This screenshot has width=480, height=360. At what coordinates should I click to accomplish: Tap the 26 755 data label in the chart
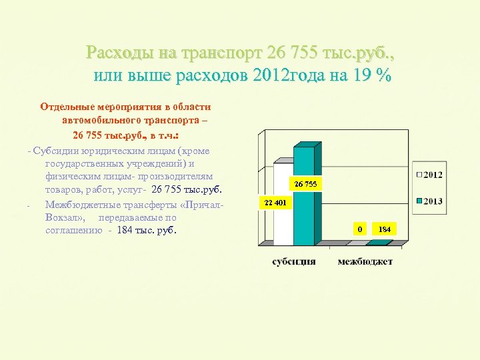coord(305,183)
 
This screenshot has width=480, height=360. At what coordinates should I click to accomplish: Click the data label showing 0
coord(360,229)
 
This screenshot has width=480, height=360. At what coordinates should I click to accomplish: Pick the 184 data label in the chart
coord(385,229)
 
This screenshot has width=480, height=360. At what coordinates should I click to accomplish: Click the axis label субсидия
coord(294,261)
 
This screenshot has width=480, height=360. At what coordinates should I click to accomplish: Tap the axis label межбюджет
coord(365,261)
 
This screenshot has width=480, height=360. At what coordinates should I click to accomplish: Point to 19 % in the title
coord(373,75)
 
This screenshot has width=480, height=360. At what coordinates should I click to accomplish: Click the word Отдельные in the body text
coord(67,106)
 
